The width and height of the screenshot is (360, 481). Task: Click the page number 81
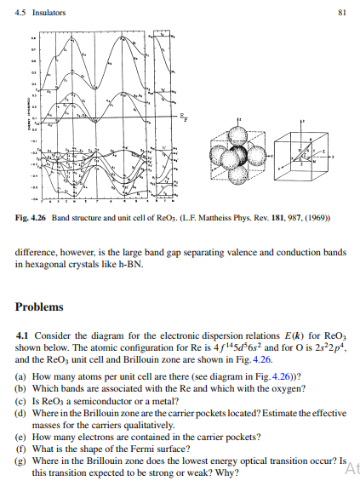[340, 12]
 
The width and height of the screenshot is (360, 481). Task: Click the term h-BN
[144, 264]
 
